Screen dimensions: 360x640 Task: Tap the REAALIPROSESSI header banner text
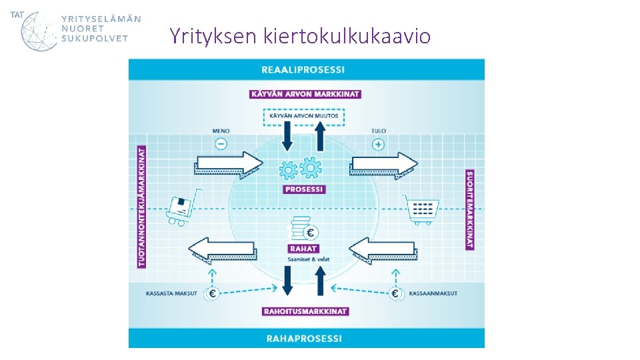pos(303,69)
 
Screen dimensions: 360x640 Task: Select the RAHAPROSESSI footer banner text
pos(304,339)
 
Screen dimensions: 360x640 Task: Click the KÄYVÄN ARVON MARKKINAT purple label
pos(305,94)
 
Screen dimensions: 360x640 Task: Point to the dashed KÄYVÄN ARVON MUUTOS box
pos(303,116)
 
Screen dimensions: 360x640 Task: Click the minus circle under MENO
pos(221,144)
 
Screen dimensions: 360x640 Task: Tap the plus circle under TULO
pos(378,144)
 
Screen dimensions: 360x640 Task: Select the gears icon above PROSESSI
pos(301,169)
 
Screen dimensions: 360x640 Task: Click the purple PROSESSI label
pos(304,189)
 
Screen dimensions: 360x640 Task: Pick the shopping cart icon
pos(421,211)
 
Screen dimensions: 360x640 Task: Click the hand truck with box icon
pos(181,209)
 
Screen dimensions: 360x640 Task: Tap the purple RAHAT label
pos(303,249)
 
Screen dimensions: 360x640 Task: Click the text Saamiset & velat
pos(303,259)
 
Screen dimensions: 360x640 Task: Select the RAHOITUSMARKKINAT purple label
pos(305,311)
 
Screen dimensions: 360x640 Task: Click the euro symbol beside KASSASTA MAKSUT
pos(213,293)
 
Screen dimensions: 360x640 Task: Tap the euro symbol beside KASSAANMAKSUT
pos(395,293)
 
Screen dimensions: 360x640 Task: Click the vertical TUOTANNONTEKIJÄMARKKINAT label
pos(141,207)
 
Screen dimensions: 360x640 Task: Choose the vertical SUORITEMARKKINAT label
pos(469,209)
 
